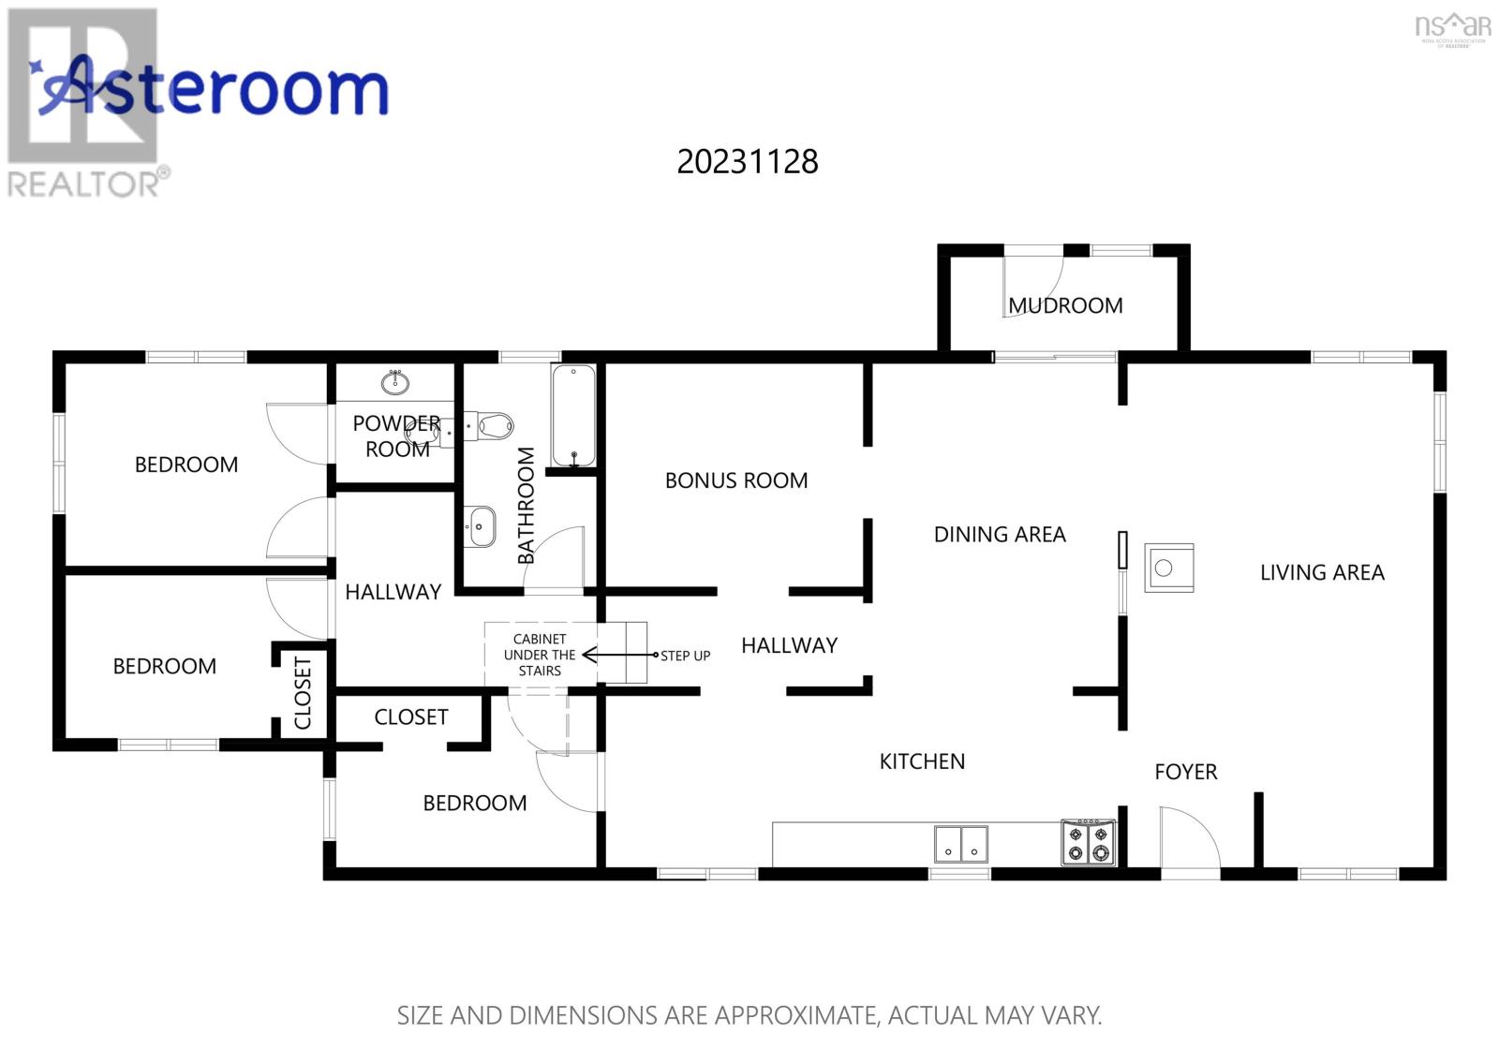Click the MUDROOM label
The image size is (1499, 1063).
click(1065, 305)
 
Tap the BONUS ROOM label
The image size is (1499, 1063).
click(736, 480)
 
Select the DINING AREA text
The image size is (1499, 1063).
click(1000, 535)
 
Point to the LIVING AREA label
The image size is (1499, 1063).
click(1322, 572)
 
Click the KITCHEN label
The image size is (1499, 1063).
click(922, 761)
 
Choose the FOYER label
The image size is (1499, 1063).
click(1186, 772)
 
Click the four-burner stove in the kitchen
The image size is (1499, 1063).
click(1088, 842)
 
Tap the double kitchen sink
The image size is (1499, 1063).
click(961, 844)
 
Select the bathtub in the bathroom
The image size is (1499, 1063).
click(573, 416)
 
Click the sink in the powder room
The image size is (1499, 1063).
click(395, 382)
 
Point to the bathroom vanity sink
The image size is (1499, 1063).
click(480, 526)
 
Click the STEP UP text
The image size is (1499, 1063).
click(685, 656)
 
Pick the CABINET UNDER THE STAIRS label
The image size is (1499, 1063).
click(540, 655)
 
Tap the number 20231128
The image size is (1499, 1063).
click(748, 162)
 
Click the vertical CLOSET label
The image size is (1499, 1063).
click(303, 693)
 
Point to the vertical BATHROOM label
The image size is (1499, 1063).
click(527, 506)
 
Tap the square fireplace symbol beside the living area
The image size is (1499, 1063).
click(1169, 568)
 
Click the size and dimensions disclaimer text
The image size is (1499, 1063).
click(749, 1015)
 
